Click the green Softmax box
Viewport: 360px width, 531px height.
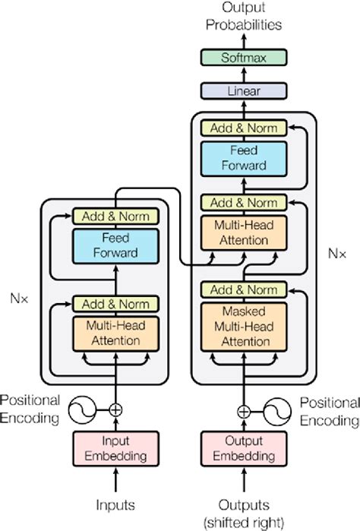[244, 58]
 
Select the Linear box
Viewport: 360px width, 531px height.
[244, 91]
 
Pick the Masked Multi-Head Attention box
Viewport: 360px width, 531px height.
[244, 326]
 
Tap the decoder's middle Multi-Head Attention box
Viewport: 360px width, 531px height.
[244, 233]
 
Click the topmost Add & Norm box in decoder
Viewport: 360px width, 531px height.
[244, 128]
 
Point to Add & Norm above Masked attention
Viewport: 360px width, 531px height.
[244, 290]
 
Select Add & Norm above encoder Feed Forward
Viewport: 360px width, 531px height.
[115, 217]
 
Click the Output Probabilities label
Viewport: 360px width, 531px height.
[244, 17]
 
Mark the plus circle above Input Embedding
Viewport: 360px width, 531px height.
[115, 410]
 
